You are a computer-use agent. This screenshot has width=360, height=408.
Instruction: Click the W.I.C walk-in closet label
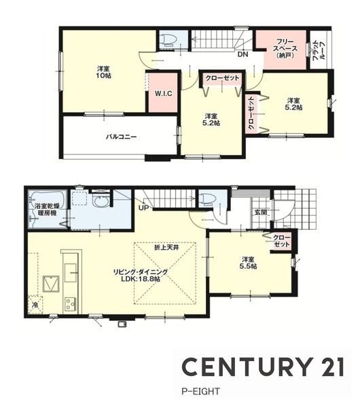pyautogui.click(x=164, y=93)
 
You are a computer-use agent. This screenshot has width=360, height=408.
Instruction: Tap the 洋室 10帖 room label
pyautogui.click(x=104, y=72)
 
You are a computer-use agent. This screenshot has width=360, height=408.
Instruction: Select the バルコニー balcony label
pyautogui.click(x=121, y=137)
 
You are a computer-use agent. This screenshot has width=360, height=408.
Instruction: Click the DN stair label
pyautogui.click(x=243, y=54)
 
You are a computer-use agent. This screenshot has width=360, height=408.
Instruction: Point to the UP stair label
pyautogui.click(x=144, y=208)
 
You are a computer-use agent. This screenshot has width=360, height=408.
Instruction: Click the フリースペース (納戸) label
pyautogui.click(x=285, y=48)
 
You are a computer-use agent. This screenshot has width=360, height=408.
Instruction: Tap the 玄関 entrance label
pyautogui.click(x=260, y=213)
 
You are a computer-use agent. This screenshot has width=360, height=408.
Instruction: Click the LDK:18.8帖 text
pyautogui.click(x=141, y=279)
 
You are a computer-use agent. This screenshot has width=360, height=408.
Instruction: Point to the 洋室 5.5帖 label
pyautogui.click(x=248, y=262)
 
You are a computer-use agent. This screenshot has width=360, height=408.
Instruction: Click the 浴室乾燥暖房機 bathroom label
pyautogui.click(x=48, y=209)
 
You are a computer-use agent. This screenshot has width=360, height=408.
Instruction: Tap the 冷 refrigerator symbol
pyautogui.click(x=35, y=305)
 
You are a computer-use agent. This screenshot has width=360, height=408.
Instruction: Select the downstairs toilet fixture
pyautogui.click(x=207, y=199)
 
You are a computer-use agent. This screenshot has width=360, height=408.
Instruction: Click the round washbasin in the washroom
pyautogui.click(x=100, y=201)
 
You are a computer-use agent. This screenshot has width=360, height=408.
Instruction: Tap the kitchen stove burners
pyautogui.click(x=70, y=304)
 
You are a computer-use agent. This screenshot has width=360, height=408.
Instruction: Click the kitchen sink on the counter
pyautogui.click(x=71, y=273)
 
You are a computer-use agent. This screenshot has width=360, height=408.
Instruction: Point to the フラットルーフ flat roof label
pyautogui.click(x=319, y=50)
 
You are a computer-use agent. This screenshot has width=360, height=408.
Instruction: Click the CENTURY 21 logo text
pyautogui.click(x=263, y=367)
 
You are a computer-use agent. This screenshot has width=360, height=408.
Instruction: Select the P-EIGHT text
pyautogui.click(x=200, y=392)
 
